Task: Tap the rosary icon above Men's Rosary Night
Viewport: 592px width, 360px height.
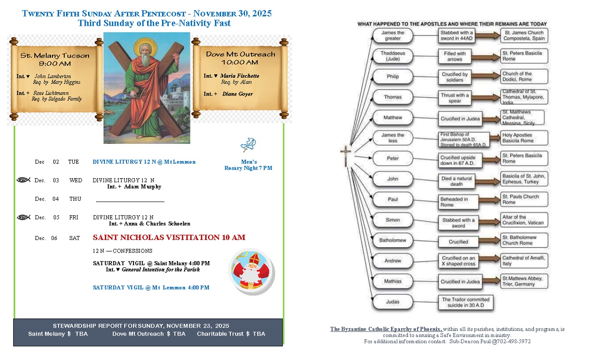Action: coord(248,145)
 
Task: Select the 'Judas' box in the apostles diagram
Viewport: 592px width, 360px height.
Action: coord(392,302)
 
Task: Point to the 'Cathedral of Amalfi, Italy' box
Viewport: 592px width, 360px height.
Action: coord(524,261)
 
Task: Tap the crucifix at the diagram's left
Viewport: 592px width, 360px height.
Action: coord(346,156)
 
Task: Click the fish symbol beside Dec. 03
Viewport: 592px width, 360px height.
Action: coord(23,180)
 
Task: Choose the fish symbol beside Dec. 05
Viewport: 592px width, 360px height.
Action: coord(23,217)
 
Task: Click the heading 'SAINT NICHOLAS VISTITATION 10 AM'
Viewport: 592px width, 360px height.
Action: coord(169,238)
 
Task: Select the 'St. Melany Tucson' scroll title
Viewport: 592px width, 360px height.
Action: coord(55,55)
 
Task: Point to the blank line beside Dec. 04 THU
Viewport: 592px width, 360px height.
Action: coord(130,201)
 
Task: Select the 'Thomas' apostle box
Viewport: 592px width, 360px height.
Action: coord(392,97)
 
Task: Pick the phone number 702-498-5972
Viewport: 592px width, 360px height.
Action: coord(514,341)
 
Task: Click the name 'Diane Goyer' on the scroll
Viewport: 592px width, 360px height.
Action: coord(237,94)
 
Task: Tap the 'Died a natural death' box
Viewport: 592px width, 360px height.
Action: coord(457,181)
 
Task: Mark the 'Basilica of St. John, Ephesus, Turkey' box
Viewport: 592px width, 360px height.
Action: coord(524,179)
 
